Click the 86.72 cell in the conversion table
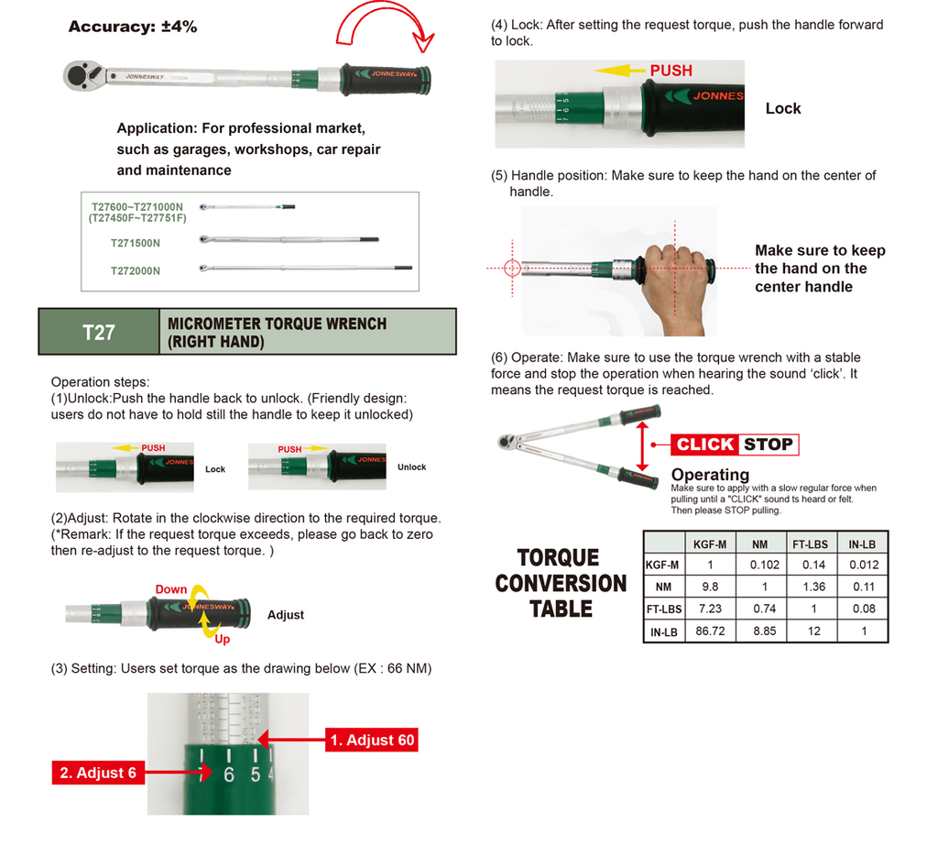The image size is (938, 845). (x=710, y=631)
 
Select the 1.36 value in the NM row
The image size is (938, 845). (x=813, y=587)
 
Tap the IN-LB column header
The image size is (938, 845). (x=863, y=543)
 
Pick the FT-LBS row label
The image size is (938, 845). (x=663, y=609)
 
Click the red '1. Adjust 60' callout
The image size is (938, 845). (x=373, y=740)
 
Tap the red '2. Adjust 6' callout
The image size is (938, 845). (x=97, y=773)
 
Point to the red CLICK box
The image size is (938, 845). (x=705, y=444)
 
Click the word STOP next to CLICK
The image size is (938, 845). (x=768, y=444)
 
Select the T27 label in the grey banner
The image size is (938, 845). (x=99, y=332)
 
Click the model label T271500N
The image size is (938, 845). (x=135, y=243)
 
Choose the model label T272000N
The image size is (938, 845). (x=135, y=270)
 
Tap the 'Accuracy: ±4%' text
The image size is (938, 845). (x=133, y=27)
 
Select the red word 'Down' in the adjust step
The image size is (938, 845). (x=170, y=589)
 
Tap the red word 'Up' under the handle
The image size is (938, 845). (x=222, y=638)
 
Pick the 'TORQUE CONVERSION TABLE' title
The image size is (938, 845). (x=561, y=583)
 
